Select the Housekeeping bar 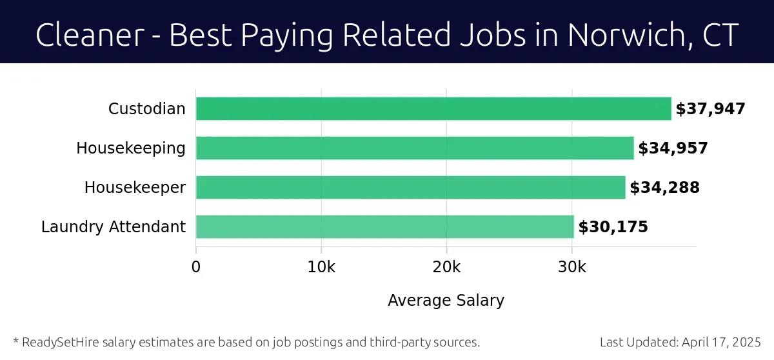pos(415,148)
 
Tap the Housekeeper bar pos(411,188)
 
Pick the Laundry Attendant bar pos(385,227)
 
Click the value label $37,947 pos(710,109)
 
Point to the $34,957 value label pos(673,148)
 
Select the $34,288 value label pos(664,188)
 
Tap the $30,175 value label pos(613,227)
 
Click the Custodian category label pos(147,109)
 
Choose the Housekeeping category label pos(131,148)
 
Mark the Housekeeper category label pos(135,188)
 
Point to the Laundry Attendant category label pos(114,227)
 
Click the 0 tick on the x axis pos(196,267)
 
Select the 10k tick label pos(321,267)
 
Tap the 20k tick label pos(446,267)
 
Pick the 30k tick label pos(571,267)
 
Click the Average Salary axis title pos(446,300)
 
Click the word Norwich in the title pos(618,35)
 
